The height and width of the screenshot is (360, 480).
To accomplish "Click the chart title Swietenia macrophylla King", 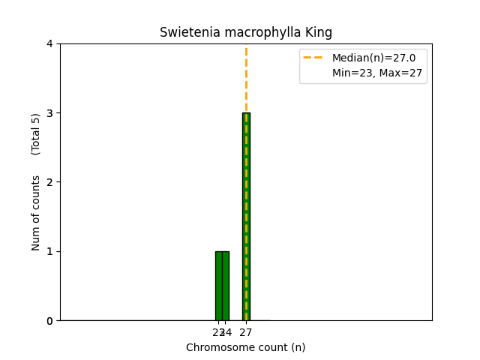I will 246,33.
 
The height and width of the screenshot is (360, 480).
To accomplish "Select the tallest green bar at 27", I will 246,217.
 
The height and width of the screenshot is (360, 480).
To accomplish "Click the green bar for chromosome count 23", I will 218,286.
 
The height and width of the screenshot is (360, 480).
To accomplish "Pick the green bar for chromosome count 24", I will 226,286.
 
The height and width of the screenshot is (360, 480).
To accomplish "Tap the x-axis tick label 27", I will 246,332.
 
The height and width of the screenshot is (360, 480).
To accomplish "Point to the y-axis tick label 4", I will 49,43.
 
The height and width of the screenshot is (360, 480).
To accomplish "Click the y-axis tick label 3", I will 49,113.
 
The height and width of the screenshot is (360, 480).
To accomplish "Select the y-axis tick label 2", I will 49,182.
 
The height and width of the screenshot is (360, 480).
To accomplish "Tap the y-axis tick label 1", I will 49,251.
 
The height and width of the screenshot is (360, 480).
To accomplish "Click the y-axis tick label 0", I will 49,320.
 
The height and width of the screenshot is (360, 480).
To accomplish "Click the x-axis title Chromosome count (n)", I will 246,347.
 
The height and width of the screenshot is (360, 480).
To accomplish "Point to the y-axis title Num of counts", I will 36,213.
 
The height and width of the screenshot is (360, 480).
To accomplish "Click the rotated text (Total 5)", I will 36,134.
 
